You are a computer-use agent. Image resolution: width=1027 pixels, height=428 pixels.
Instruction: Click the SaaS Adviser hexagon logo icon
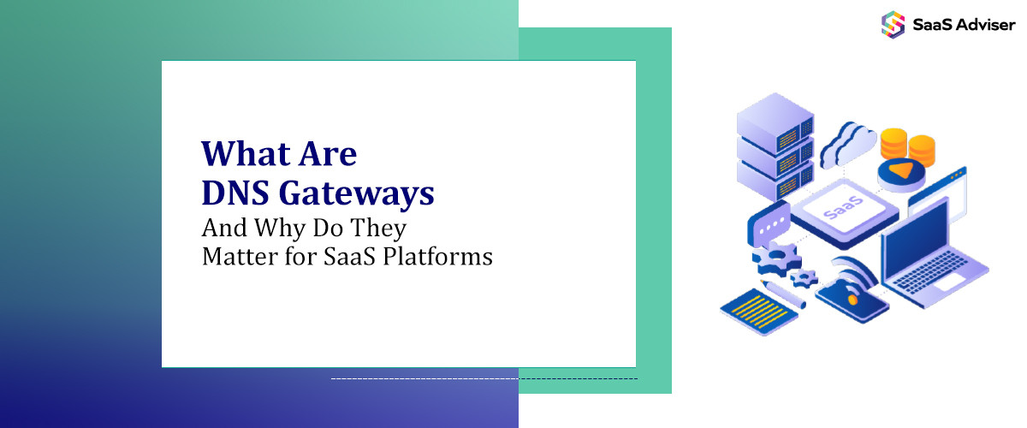(x=893, y=23)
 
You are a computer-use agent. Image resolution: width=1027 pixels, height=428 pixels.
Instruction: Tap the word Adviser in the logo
(x=984, y=24)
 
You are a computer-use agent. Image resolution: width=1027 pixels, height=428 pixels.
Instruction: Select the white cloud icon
(x=847, y=144)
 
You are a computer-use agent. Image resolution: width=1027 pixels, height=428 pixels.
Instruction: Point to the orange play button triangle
(x=899, y=169)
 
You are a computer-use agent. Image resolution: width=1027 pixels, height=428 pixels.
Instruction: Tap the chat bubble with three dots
(x=768, y=224)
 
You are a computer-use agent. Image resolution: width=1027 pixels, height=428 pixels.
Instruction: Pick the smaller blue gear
(x=803, y=276)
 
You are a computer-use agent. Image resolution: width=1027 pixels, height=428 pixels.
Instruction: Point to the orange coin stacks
(x=907, y=145)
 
